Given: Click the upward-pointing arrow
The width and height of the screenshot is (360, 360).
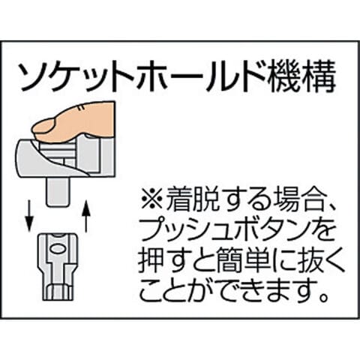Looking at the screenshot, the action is (x=86, y=215).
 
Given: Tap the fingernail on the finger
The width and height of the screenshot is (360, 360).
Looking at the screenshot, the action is (x=44, y=127).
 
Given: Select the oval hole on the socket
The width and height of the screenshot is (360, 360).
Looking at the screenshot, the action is (x=58, y=248).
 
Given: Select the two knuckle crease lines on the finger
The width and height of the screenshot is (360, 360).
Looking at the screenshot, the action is (x=81, y=108).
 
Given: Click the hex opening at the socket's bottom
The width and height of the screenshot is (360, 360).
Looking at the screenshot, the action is (x=58, y=292).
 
